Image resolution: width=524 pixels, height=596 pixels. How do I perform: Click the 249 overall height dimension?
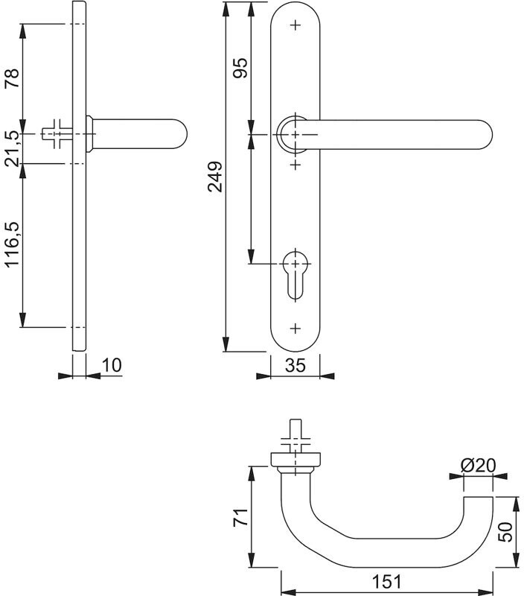[x=215, y=177]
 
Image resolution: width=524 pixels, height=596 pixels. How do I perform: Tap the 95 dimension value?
[x=240, y=68]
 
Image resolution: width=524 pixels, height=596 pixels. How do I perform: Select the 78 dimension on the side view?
[x=12, y=78]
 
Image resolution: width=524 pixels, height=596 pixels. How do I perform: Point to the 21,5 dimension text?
[x=12, y=148]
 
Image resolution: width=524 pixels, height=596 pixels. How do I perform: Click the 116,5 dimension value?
[x=12, y=244]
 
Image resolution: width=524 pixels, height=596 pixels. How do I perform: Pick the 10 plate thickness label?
[x=112, y=365]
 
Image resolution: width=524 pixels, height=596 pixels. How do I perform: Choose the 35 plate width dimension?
[x=295, y=365]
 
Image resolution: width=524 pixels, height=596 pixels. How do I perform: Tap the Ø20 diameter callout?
[x=478, y=465]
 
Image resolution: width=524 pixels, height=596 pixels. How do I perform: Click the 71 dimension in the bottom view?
[x=240, y=517]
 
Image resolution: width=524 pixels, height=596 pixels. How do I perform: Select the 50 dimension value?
[x=505, y=532]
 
